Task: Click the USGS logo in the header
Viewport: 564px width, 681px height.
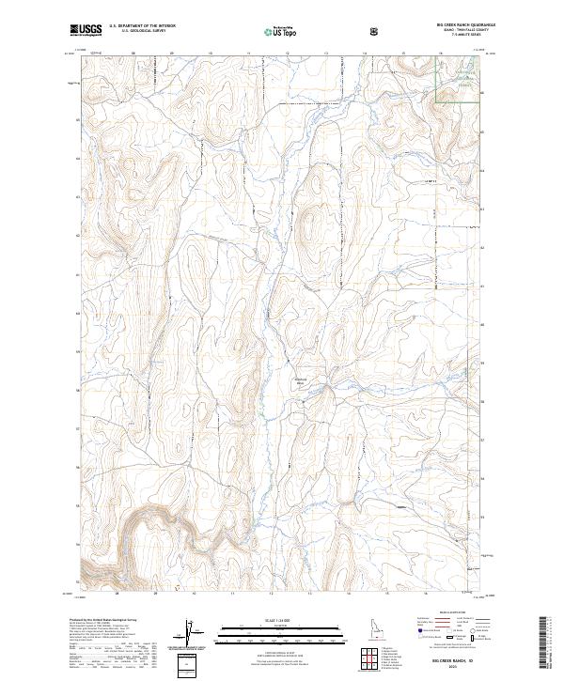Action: (87, 31)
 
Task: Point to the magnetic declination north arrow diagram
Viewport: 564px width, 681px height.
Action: (189, 631)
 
